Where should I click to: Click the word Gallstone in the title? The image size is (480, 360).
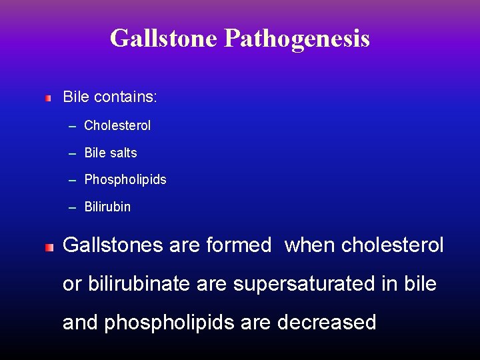(164, 38)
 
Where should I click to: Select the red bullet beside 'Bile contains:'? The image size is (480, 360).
(48, 98)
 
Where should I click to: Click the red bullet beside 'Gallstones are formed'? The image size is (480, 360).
(48, 247)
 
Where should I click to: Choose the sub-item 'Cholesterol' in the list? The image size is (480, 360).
(117, 125)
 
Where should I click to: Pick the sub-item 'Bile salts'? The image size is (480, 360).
(111, 153)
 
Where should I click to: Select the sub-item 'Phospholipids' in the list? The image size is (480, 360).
(125, 180)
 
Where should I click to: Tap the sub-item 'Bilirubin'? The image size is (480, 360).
(107, 207)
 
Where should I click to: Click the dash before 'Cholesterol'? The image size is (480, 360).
(72, 126)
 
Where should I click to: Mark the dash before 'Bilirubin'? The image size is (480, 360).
(72, 208)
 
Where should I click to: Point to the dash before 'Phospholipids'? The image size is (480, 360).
(72, 181)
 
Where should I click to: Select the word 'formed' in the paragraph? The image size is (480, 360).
(239, 245)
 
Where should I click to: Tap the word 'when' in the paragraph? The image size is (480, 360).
(310, 245)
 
